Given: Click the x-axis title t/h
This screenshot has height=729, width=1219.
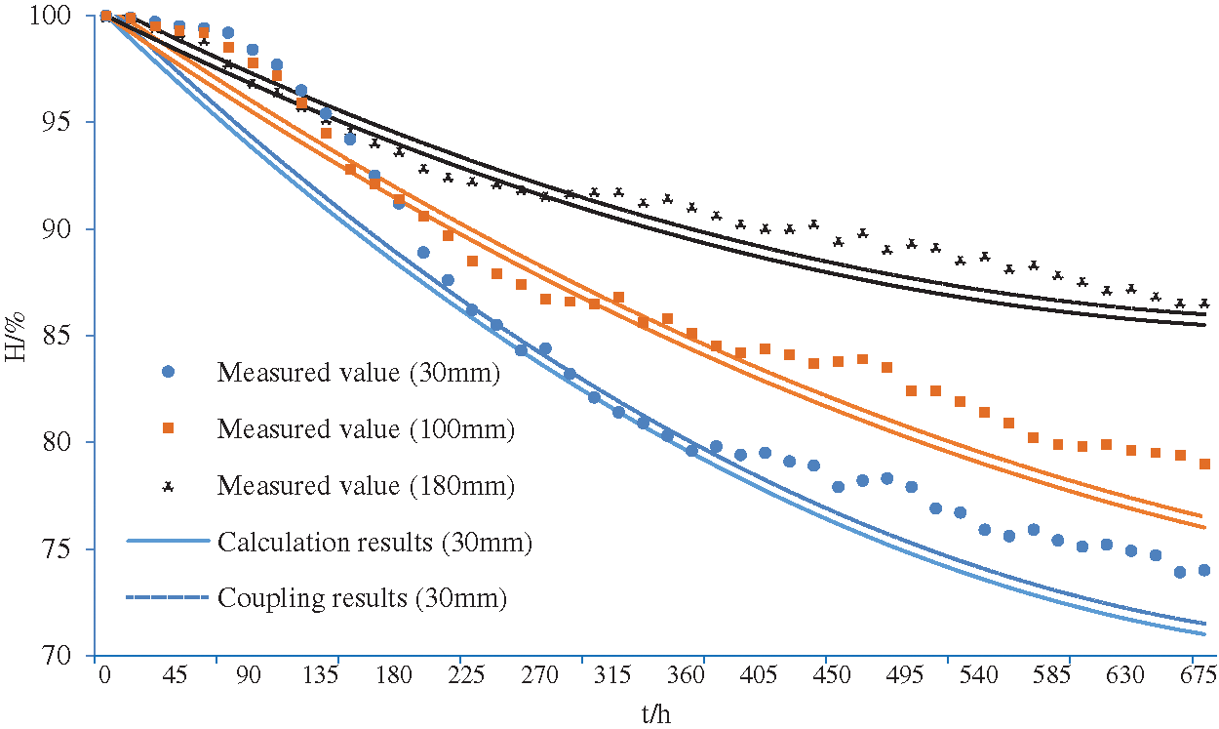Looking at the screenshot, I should tap(656, 714).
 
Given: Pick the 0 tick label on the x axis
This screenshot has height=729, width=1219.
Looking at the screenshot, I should tap(103, 675).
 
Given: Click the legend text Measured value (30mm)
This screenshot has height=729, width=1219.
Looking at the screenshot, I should tap(359, 373).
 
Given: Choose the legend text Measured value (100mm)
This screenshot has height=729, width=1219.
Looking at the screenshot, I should tap(366, 429).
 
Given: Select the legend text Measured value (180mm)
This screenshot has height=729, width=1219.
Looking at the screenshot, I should tap(366, 486).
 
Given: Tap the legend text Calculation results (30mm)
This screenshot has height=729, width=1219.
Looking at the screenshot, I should tap(375, 543).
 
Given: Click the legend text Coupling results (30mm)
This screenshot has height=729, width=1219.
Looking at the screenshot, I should tap(363, 598).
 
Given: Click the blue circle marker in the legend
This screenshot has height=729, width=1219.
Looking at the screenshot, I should tap(168, 372).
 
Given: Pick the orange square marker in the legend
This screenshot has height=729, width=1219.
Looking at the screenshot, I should tap(168, 428).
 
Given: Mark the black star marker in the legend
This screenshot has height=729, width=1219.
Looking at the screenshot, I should tap(168, 485).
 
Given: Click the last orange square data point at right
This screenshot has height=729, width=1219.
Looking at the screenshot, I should tap(1204, 465).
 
